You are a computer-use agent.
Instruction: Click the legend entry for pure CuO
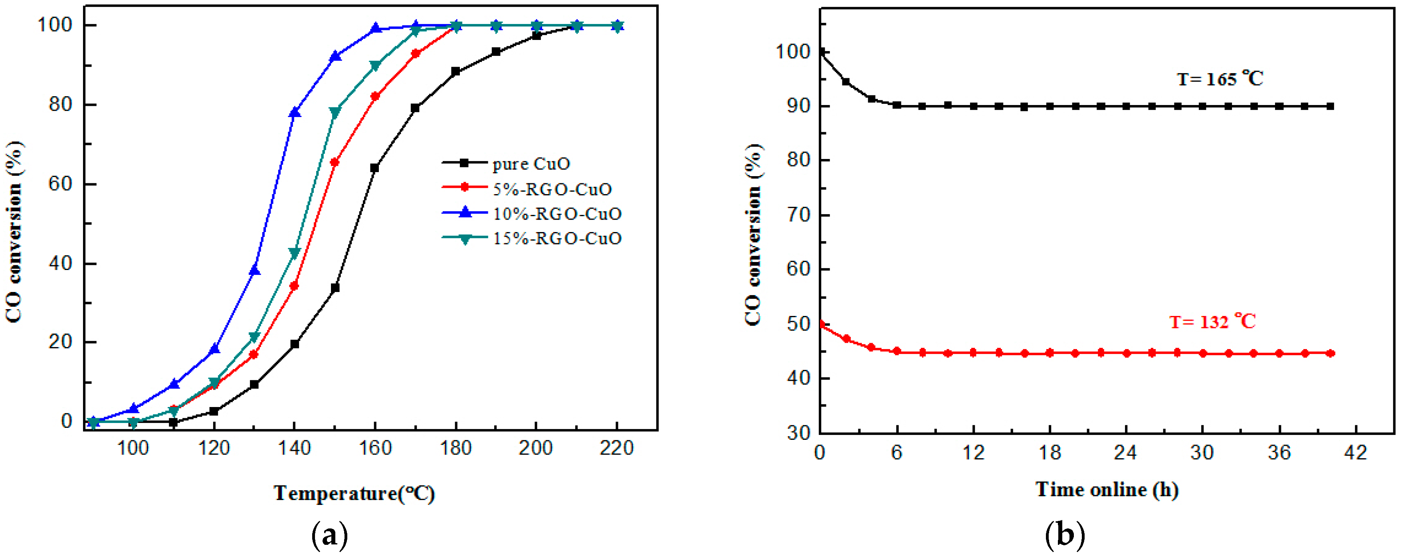pos(531,163)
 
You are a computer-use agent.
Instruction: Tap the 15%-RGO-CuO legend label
pos(556,238)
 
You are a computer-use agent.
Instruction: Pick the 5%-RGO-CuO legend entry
pos(552,189)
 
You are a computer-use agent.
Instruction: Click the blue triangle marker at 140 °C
pos(295,113)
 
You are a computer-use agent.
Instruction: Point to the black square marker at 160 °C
pos(374,168)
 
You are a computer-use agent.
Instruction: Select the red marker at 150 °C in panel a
pos(335,162)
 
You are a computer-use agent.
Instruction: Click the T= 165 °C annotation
pos(1220,79)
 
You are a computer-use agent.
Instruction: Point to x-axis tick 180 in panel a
pos(455,449)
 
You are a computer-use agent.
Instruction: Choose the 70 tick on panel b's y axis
pos(798,215)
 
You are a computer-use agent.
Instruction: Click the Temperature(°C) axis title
pos(354,493)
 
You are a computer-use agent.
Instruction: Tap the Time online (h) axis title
pos(1107,489)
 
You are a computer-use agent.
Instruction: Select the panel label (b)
pos(1065,536)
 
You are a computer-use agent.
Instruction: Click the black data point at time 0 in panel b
pos(821,52)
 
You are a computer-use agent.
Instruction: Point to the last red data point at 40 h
pos(1331,353)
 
